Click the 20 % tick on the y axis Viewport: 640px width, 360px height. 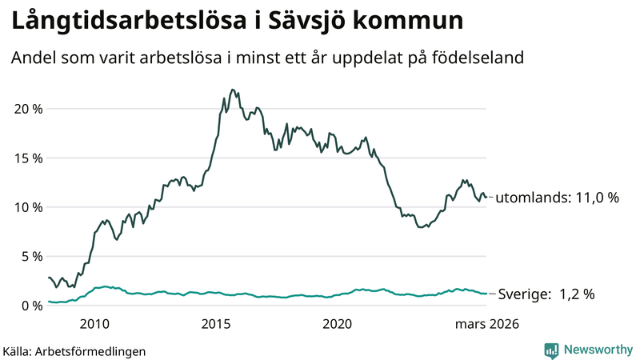(x=27, y=109)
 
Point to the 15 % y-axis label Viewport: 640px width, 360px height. (x=27, y=158)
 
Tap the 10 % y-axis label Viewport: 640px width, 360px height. (x=27, y=207)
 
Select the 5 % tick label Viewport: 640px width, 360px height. (x=30, y=256)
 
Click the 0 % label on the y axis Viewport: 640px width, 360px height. (x=30, y=306)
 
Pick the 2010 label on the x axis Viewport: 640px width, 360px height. (x=94, y=324)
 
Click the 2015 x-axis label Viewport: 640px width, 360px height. (x=216, y=324)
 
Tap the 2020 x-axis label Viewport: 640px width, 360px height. (x=338, y=324)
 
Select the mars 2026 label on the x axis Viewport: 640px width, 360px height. (x=487, y=324)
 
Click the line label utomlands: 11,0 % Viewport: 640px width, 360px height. (x=558, y=198)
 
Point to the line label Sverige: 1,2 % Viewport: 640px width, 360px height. (x=546, y=294)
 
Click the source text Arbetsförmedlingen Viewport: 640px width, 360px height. (x=94, y=350)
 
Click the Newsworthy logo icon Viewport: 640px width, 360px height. (x=551, y=350)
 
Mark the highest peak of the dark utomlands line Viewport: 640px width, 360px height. (x=232, y=90)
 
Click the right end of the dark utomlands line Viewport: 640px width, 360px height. (x=487, y=197)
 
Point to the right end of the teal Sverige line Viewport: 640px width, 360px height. (x=487, y=294)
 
